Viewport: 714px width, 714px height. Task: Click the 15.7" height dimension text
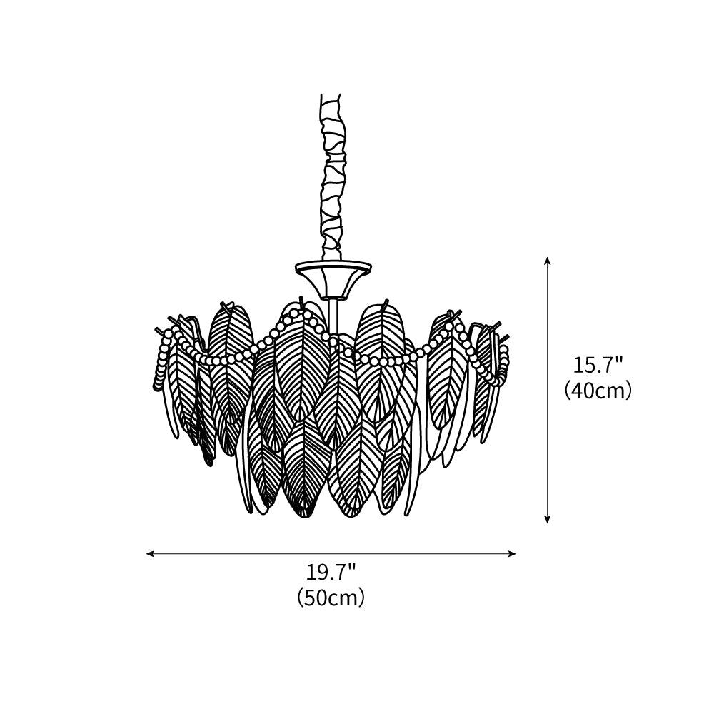(x=598, y=365)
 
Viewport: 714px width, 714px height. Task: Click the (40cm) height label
(x=598, y=391)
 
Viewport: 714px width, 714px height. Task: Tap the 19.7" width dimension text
(x=331, y=572)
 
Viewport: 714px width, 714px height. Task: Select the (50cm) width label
(x=331, y=597)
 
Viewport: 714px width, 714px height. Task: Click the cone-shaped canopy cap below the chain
(x=333, y=278)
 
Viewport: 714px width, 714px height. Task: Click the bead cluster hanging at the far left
(x=161, y=364)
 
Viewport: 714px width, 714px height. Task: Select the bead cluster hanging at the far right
(x=504, y=361)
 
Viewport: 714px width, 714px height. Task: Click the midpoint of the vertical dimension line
(x=548, y=390)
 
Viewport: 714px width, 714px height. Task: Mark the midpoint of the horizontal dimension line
(x=331, y=553)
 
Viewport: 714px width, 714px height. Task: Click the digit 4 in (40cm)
(x=580, y=391)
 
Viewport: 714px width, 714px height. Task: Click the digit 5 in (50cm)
(x=312, y=597)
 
